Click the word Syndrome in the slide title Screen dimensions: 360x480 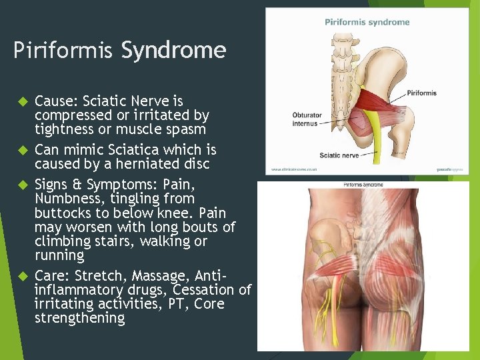[x=173, y=51]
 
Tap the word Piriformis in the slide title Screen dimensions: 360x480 [x=63, y=51]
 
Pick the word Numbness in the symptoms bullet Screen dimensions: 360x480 [x=65, y=199]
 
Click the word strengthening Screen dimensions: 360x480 [x=79, y=318]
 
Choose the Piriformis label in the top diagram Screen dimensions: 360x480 [x=421, y=93]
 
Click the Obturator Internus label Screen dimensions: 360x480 [x=307, y=119]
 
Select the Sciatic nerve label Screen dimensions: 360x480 [x=339, y=155]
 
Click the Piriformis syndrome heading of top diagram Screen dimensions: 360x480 [x=367, y=22]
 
